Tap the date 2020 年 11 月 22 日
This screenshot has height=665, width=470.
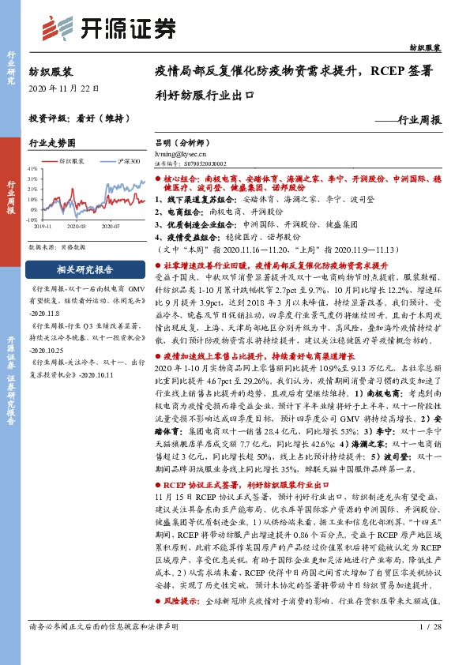pos(66,88)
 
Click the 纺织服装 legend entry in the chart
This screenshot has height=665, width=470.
pos(71,161)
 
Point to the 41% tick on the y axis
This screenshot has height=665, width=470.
pos(31,169)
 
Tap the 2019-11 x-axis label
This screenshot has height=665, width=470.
pos(43,227)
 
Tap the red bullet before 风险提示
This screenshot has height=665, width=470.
pos(157,624)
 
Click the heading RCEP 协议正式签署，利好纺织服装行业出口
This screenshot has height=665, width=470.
pos(245,483)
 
